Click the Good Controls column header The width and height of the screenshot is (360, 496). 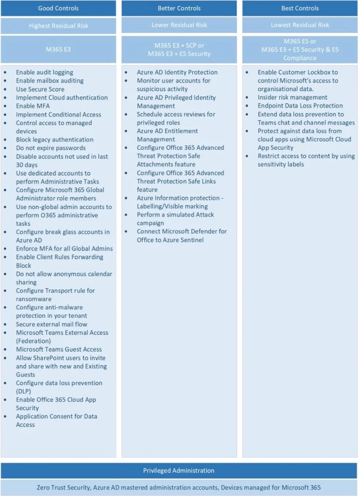58,8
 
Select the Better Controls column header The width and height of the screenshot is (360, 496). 179,8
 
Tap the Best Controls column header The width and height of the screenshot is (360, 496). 300,8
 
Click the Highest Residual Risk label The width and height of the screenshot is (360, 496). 58,26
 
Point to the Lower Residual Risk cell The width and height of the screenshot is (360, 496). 179,25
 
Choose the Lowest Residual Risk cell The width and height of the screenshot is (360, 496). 300,25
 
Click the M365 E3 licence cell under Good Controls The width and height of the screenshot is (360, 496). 58,49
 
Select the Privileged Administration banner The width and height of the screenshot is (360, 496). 179,470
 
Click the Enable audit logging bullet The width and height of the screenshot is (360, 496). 45,72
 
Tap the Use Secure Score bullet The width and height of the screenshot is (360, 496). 40,89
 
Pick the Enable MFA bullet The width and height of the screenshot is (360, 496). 32,106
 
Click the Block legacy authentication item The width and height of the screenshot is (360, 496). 54,139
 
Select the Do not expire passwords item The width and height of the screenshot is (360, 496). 50,148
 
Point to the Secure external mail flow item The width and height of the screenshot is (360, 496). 51,324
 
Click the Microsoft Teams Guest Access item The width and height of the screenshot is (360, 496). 59,349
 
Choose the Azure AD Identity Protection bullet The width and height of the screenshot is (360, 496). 177,72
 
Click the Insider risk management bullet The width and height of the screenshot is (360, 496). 292,97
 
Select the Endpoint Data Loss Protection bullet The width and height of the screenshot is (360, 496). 300,106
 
